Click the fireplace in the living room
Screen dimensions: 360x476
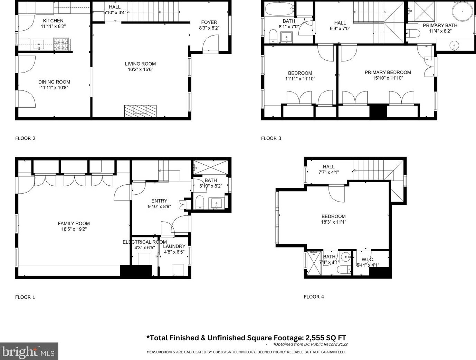[x=140, y=109]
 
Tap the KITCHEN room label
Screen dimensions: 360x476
[x=53, y=21]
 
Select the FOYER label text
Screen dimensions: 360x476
[x=209, y=22]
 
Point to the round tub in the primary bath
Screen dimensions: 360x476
[x=462, y=11]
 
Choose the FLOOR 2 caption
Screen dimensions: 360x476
[x=25, y=138]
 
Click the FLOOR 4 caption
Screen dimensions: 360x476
[x=314, y=297]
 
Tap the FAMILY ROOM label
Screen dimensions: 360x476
[x=74, y=224]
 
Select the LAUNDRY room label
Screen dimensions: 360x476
[x=174, y=246]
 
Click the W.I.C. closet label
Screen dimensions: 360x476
[x=368, y=260]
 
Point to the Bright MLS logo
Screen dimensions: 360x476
[x=29, y=351]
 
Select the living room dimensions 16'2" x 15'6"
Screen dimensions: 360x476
[x=140, y=69]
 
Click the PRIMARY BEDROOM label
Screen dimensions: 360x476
[x=388, y=72]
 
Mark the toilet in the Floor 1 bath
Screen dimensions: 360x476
[x=200, y=202]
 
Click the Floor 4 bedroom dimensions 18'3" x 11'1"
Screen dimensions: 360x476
[x=334, y=222]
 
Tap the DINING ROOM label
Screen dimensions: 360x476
[x=54, y=82]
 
